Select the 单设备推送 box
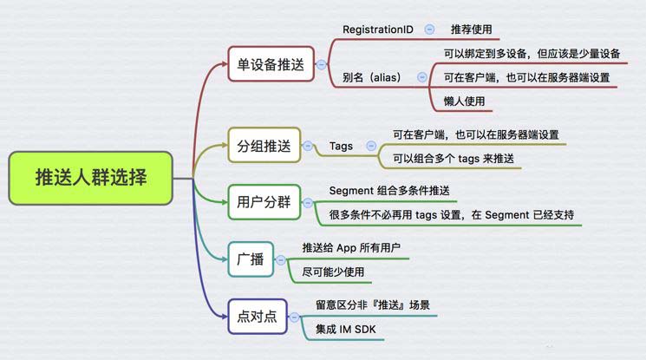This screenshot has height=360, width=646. click(x=271, y=63)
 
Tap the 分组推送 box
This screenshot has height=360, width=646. click(x=264, y=145)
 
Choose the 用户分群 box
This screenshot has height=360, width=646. click(x=264, y=203)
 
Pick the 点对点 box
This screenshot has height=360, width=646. click(x=257, y=315)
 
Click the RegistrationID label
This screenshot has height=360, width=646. click(x=378, y=29)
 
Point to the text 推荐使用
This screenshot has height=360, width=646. click(x=473, y=29)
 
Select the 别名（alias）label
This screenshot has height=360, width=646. click(x=372, y=77)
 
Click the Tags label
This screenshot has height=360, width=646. click(x=341, y=145)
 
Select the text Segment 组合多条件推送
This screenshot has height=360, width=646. click(x=389, y=190)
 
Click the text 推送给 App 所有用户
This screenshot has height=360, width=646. click(x=351, y=246)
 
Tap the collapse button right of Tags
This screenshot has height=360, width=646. click(x=372, y=145)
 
